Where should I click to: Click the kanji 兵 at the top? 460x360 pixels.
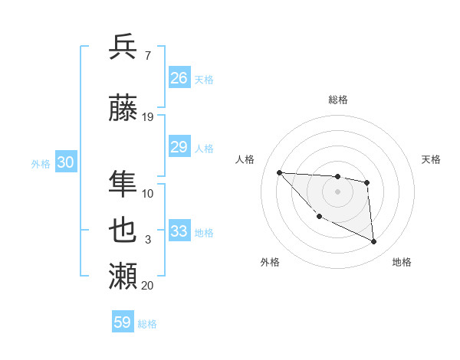point(123,47)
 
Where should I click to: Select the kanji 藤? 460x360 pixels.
point(123,110)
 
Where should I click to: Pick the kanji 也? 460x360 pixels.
point(123,230)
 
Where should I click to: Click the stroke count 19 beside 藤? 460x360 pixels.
point(148,117)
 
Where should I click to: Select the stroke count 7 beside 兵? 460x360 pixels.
point(147,54)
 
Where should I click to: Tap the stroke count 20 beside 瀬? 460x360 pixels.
point(148,285)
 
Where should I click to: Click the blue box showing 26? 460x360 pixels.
point(179,78)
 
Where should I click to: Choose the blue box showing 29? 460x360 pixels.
point(179,147)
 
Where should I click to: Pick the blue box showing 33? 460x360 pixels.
point(179,231)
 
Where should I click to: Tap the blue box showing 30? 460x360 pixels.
point(65,162)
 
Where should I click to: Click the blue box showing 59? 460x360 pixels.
point(123,322)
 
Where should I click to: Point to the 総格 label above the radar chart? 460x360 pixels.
point(338,100)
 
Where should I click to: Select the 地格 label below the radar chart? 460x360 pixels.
point(402,262)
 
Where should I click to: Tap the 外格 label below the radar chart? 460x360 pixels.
point(270,262)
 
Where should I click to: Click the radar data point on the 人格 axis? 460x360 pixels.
point(279,172)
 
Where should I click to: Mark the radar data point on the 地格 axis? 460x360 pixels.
point(374,242)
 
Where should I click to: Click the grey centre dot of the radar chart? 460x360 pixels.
point(338,191)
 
